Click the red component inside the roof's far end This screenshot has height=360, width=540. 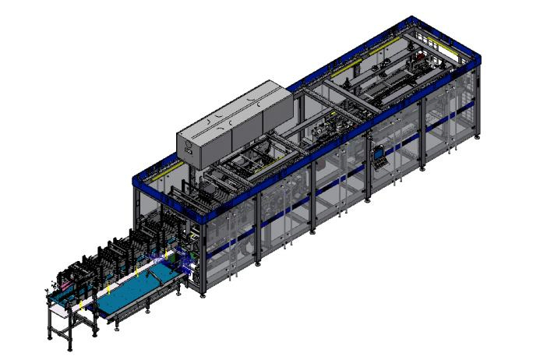pos(425,58)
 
